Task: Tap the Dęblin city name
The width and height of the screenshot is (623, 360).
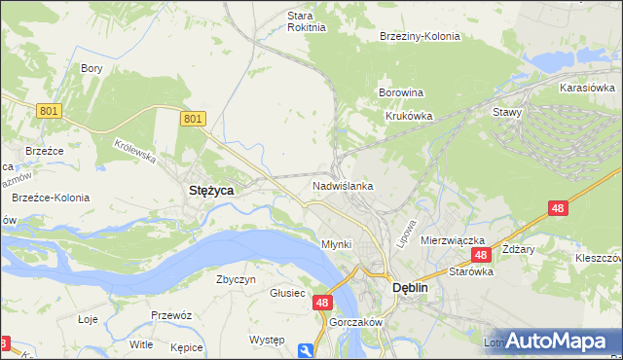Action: coord(410,289)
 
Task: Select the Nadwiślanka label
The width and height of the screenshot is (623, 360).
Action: coord(343,185)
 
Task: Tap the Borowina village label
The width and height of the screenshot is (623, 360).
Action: coord(400,93)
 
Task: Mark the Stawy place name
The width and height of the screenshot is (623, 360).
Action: coord(507,112)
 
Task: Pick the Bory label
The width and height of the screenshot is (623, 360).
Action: coord(92,69)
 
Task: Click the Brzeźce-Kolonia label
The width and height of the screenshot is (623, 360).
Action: coord(51,198)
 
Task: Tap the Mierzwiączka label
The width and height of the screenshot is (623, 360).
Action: coord(453,239)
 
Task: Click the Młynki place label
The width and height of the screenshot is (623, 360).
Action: coord(336,244)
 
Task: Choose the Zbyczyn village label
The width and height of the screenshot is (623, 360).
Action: coord(236,279)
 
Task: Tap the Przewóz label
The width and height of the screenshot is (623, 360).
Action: coord(169,315)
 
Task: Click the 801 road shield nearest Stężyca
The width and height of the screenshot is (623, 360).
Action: coord(193,119)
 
